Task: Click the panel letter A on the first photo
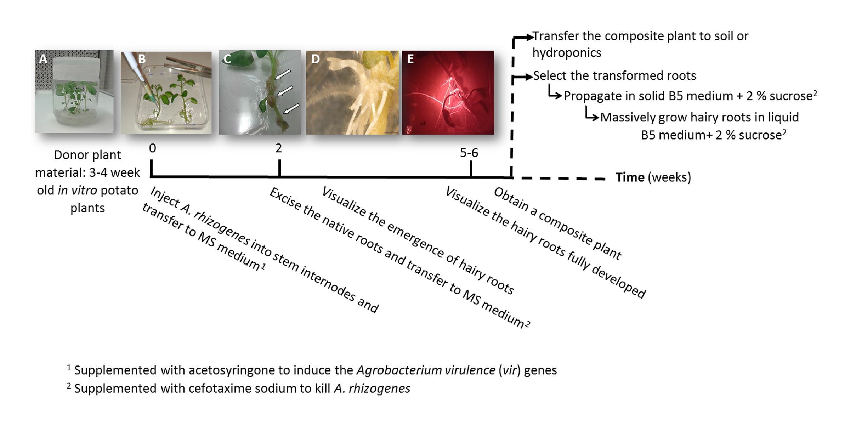coord(43,59)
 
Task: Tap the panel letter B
coord(142,59)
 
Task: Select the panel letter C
coord(227,59)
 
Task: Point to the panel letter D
coord(315,59)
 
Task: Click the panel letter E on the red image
coord(410,59)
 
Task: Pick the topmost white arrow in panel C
coord(283,74)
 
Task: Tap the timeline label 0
coord(153,148)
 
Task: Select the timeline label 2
coord(279,148)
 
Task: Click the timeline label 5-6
coord(469,153)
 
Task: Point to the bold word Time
coord(630,177)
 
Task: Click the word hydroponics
coord(567,53)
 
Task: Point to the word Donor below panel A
coord(69,155)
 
